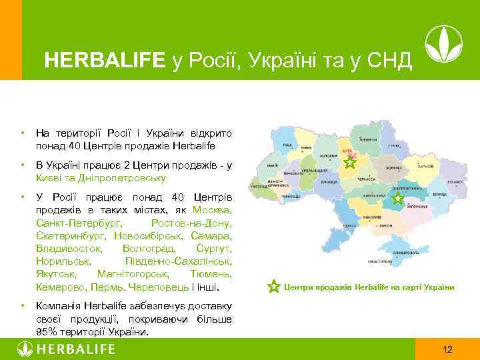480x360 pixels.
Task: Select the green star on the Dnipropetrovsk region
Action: pos(397,199)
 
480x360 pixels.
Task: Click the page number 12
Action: pos(447,349)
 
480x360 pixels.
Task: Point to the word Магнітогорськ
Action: pos(133,274)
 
